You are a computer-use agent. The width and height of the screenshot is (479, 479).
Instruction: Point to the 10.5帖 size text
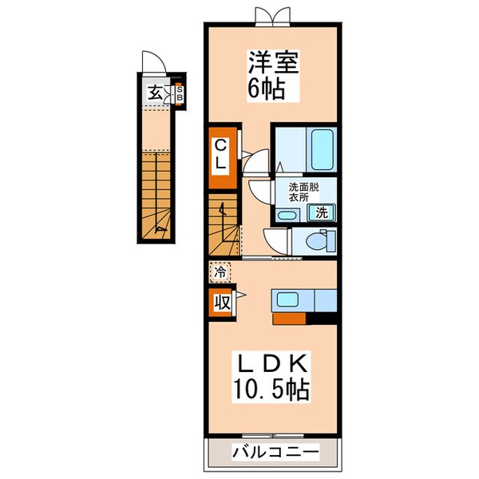[271, 391]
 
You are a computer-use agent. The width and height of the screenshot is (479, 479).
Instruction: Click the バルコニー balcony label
[275, 452]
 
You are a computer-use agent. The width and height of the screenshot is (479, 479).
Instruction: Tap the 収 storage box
[220, 303]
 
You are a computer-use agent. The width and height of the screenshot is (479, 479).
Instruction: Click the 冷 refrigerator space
[220, 271]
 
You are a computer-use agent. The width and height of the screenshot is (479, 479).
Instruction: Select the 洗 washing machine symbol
[321, 212]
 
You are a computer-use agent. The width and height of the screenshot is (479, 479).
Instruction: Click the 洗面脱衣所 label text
[303, 192]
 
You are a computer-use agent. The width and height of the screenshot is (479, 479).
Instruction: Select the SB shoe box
[180, 93]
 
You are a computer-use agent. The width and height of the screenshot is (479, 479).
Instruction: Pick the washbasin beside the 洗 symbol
[288, 214]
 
